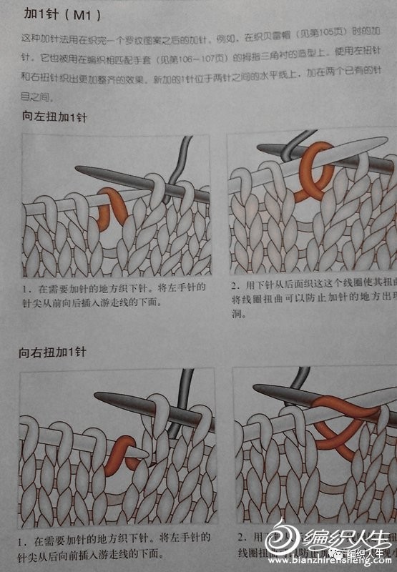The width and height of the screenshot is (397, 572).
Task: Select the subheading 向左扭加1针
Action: point(54,118)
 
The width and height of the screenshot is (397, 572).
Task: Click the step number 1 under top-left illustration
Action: point(25,288)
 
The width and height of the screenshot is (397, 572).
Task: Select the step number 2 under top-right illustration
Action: point(234,286)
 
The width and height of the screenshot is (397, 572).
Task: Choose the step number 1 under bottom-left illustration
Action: point(25,536)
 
